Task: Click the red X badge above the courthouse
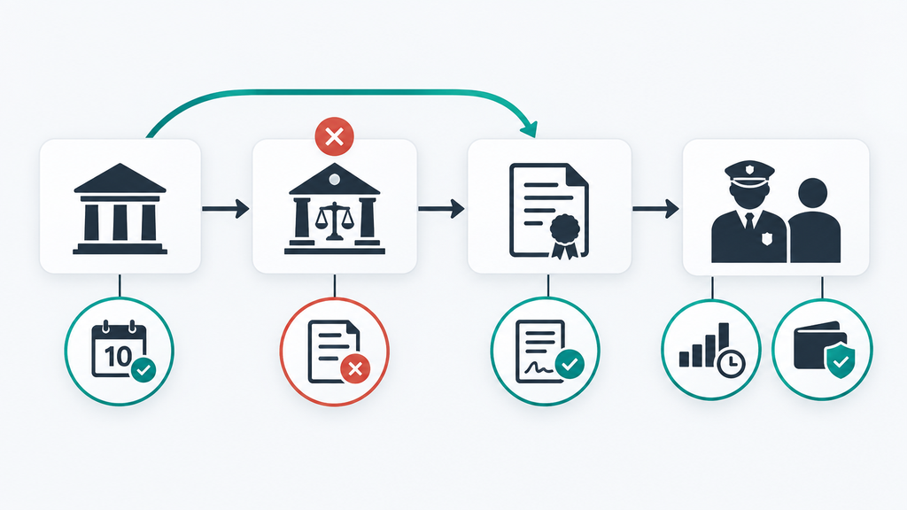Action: click(334, 136)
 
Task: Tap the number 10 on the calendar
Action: click(118, 356)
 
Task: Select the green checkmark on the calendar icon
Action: click(143, 370)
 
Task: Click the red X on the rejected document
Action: click(355, 368)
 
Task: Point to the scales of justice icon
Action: click(334, 220)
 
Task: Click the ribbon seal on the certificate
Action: click(564, 235)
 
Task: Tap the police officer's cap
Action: click(749, 173)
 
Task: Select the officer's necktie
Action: click(749, 221)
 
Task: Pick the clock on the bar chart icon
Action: click(731, 363)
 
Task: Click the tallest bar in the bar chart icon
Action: click(723, 342)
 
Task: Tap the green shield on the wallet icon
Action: click(841, 361)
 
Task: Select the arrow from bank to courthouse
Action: click(226, 208)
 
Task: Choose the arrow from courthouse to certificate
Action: click(441, 208)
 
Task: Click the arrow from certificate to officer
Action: click(656, 208)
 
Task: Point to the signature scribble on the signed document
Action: click(539, 367)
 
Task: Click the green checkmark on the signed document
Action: click(570, 364)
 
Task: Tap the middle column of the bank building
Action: click(120, 221)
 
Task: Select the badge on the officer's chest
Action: click(767, 238)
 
